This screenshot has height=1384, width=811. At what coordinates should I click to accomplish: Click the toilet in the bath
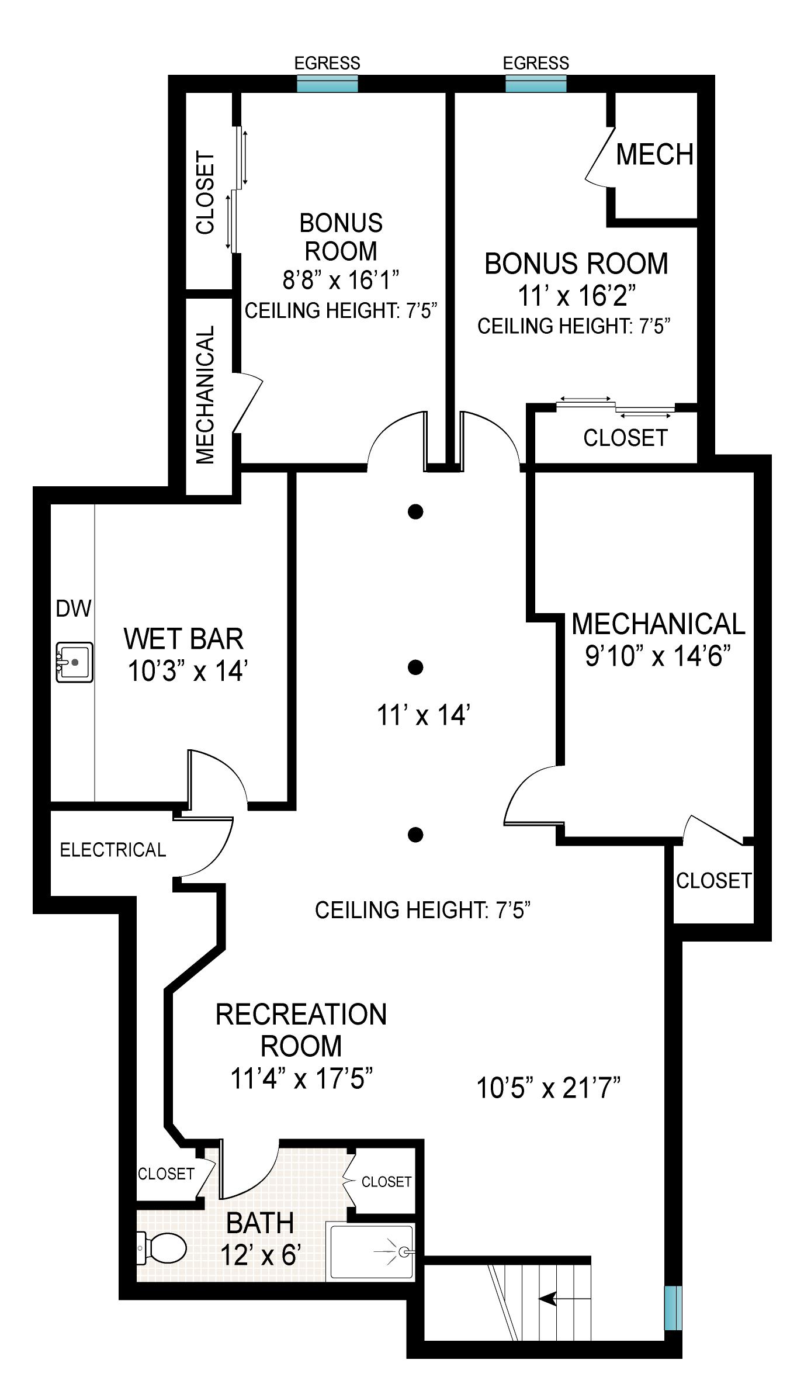pyautogui.click(x=162, y=1248)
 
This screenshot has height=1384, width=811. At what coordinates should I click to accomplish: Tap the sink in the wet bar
pyautogui.click(x=74, y=662)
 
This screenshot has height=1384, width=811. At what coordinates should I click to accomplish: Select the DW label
pyautogui.click(x=74, y=609)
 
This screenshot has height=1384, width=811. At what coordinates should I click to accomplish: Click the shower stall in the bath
pyautogui.click(x=372, y=1252)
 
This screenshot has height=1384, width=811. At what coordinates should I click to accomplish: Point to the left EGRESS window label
pyautogui.click(x=327, y=63)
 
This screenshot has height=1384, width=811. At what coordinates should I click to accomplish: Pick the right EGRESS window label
pyautogui.click(x=536, y=63)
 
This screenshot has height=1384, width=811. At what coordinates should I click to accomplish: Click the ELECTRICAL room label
pyautogui.click(x=113, y=850)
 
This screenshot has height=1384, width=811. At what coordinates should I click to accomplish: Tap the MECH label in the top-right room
pyautogui.click(x=654, y=154)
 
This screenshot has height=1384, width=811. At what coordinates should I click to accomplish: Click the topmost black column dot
pyautogui.click(x=415, y=512)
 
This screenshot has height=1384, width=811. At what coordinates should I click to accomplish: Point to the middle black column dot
pyautogui.click(x=415, y=667)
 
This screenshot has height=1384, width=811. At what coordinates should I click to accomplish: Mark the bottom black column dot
pyautogui.click(x=415, y=835)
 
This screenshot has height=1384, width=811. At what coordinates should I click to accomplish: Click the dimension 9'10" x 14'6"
pyautogui.click(x=658, y=656)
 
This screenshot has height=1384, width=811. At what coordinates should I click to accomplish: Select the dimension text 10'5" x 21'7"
pyautogui.click(x=548, y=1088)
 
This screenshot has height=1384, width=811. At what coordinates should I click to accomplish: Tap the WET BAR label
pyautogui.click(x=183, y=639)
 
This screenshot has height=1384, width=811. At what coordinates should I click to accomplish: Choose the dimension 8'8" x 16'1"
pyautogui.click(x=341, y=280)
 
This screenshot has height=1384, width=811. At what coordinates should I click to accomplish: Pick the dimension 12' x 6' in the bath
pyautogui.click(x=261, y=1255)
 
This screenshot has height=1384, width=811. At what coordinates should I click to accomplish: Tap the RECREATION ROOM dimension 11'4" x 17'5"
pyautogui.click(x=301, y=1078)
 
